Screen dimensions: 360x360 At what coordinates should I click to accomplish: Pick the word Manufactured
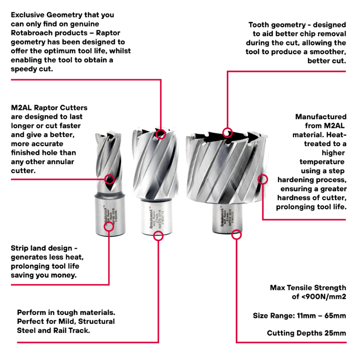tap(321, 117)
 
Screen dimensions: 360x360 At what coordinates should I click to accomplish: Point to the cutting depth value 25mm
tap(336, 333)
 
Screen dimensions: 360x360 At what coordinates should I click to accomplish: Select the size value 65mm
tap(336, 315)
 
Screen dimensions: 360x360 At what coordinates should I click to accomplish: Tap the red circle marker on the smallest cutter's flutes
tap(109, 180)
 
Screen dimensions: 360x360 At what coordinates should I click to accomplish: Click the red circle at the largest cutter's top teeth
tap(228, 132)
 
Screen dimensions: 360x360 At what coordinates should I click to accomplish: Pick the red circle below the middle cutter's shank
tap(157, 236)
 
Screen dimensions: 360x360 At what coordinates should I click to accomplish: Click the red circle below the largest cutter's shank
tap(236, 234)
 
